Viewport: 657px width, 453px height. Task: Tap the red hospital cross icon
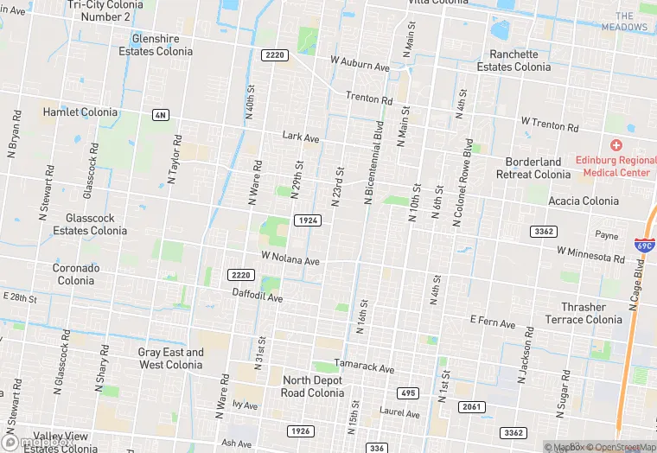click(x=616, y=145)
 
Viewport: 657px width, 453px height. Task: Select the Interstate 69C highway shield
click(x=643, y=245)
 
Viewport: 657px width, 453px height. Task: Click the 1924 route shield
click(x=308, y=220)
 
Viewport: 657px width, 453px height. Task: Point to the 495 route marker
click(x=409, y=393)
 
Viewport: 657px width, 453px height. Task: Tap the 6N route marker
click(x=160, y=115)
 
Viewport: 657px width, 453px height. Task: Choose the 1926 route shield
click(x=300, y=431)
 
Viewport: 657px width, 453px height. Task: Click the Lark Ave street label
click(x=301, y=137)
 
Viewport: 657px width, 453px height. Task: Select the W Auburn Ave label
click(x=360, y=64)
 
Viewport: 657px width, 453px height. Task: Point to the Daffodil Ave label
click(x=258, y=297)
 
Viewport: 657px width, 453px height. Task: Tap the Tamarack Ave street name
click(x=364, y=367)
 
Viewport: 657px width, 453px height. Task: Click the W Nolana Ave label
click(x=290, y=258)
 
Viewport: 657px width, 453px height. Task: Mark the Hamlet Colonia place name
click(x=80, y=112)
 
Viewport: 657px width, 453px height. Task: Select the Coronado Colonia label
click(x=76, y=274)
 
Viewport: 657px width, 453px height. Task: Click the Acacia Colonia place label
click(x=584, y=201)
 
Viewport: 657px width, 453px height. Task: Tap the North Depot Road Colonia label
click(x=306, y=386)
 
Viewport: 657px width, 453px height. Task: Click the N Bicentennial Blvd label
click(x=373, y=162)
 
